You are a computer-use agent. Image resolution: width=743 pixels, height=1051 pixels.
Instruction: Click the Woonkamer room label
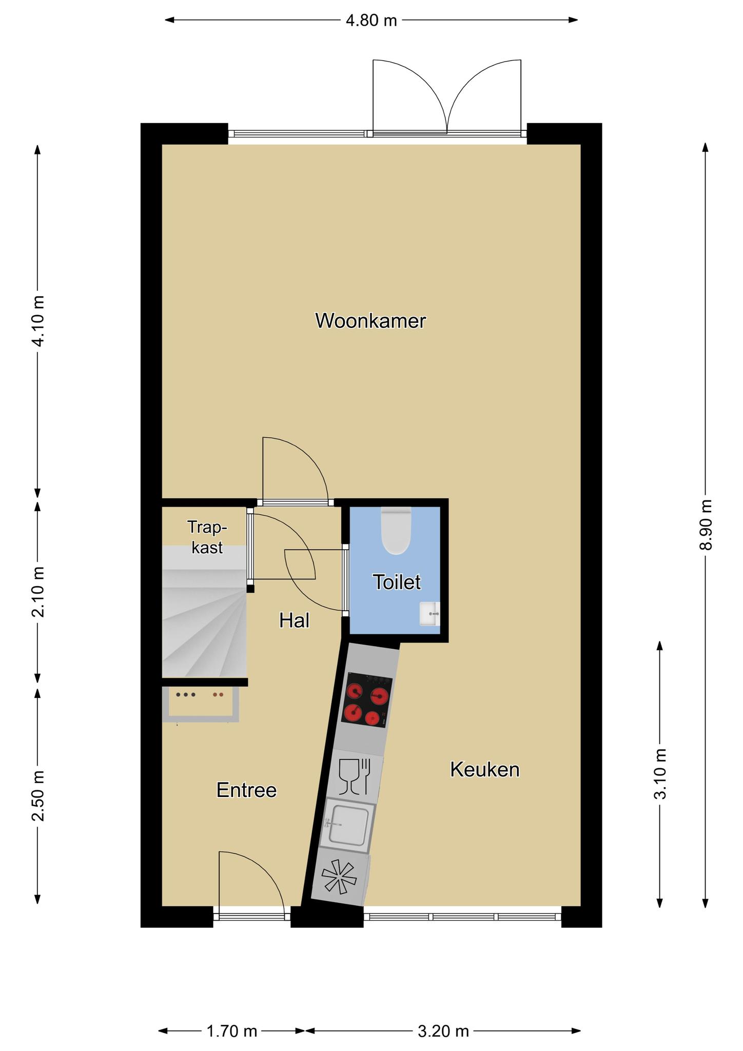(x=370, y=321)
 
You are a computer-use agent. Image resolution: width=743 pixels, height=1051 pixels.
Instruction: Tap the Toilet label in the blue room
(x=397, y=582)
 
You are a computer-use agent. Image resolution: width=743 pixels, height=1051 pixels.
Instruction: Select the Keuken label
(x=485, y=769)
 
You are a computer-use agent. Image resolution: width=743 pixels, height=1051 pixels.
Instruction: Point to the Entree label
(x=247, y=790)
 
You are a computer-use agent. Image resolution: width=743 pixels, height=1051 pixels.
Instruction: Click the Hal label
(x=295, y=620)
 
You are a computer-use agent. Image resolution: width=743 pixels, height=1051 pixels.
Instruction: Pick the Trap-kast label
(x=207, y=537)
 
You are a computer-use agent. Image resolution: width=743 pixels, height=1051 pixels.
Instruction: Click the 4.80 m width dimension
(x=371, y=21)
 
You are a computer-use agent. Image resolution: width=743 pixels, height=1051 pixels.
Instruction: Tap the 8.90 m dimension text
(x=706, y=524)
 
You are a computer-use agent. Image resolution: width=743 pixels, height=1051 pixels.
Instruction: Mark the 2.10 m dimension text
(x=37, y=592)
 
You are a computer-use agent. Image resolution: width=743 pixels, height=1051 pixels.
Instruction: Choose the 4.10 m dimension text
(x=37, y=321)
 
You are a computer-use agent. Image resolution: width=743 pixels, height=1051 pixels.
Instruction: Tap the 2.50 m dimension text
(x=37, y=796)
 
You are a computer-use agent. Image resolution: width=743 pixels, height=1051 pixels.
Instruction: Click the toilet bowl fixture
(x=396, y=530)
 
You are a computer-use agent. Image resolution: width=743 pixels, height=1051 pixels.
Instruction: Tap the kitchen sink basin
(x=347, y=825)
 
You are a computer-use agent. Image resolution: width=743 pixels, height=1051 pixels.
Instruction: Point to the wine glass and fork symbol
(x=355, y=776)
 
